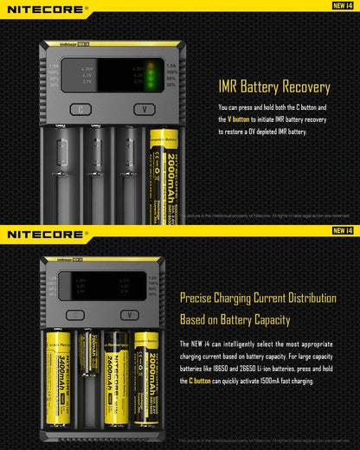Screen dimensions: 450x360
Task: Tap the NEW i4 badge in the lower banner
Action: pyautogui.click(x=342, y=231)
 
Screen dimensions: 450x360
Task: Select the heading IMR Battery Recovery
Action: pyautogui.click(x=273, y=87)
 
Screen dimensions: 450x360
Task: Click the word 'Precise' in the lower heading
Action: pyautogui.click(x=199, y=299)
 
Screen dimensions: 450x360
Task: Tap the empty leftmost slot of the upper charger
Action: pyautogui.click(x=59, y=173)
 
